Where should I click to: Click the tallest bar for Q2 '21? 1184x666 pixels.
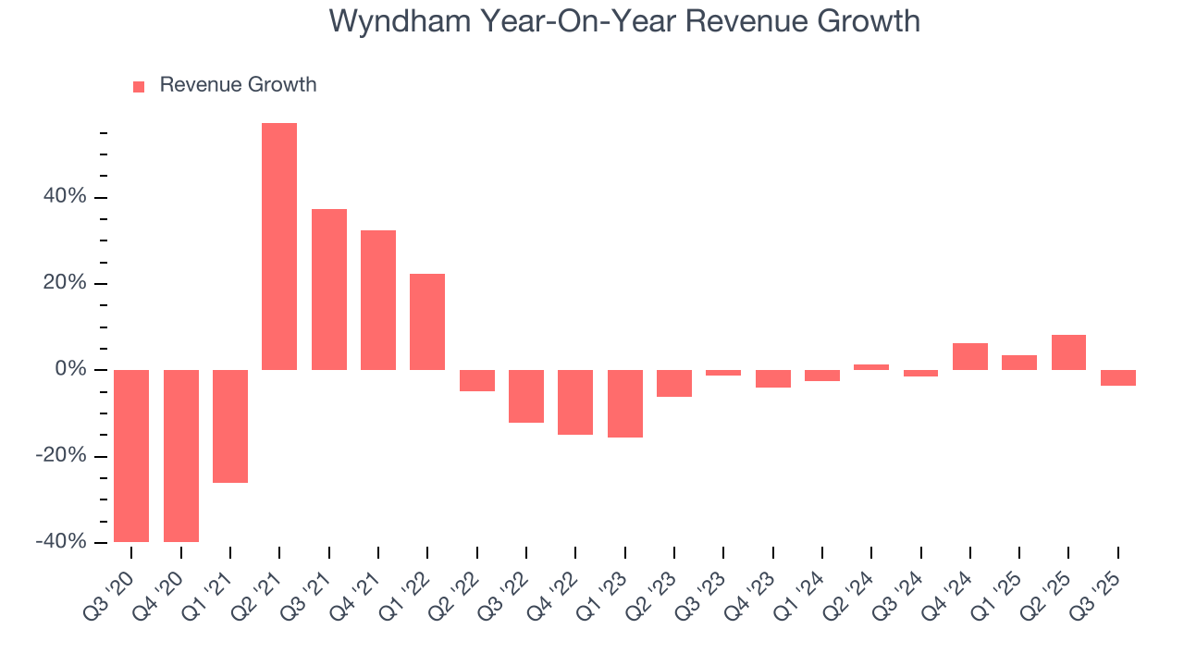click(x=279, y=246)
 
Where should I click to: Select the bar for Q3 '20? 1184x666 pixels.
click(x=131, y=455)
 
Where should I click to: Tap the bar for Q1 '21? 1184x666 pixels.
click(x=230, y=425)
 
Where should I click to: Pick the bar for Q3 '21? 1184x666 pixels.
click(x=328, y=290)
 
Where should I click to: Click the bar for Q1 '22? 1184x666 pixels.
click(x=427, y=322)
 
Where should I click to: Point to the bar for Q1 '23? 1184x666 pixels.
click(x=624, y=403)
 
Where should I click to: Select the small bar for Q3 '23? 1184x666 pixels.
click(x=723, y=373)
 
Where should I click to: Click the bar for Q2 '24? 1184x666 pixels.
click(x=871, y=367)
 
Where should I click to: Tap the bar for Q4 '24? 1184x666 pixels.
click(x=970, y=357)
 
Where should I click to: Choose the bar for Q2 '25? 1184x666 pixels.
click(x=1068, y=352)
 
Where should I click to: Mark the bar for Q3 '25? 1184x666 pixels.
click(x=1118, y=377)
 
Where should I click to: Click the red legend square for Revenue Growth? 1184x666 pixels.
click(x=139, y=86)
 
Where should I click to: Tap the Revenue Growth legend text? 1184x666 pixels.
click(x=238, y=85)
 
